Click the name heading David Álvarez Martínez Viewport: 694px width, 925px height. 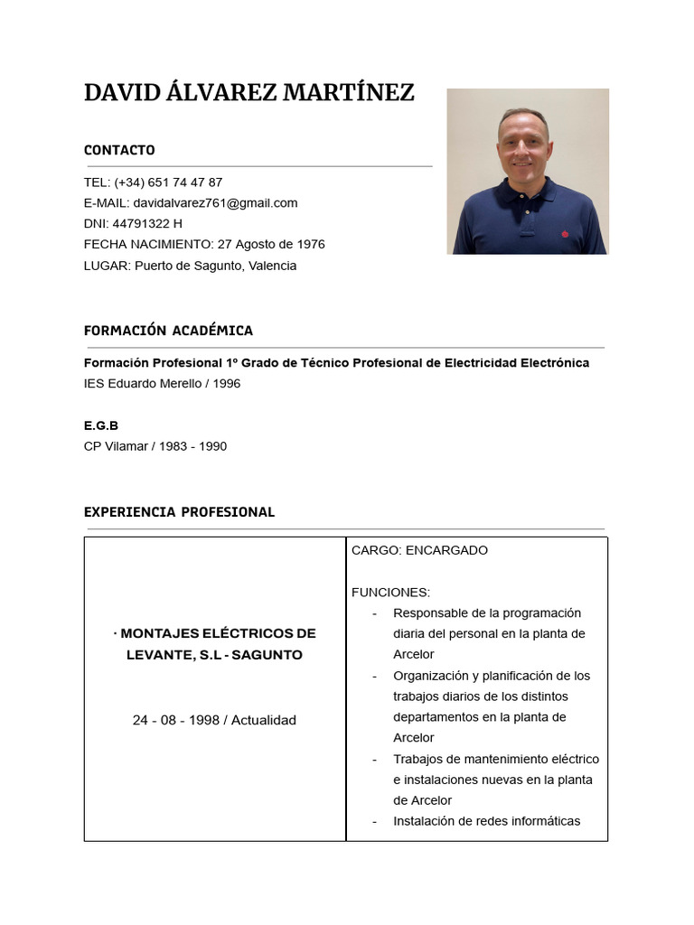pyautogui.click(x=249, y=92)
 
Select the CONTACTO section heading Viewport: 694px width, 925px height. pyautogui.click(x=119, y=150)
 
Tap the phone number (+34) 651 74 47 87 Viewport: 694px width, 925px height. pyautogui.click(x=168, y=182)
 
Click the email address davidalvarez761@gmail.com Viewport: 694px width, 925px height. pyautogui.click(x=214, y=203)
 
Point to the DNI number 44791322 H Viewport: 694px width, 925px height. pyautogui.click(x=147, y=224)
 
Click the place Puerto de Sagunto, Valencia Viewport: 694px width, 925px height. pyautogui.click(x=215, y=266)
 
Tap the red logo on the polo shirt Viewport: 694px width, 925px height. pyautogui.click(x=565, y=234)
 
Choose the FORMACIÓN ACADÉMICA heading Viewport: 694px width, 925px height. pyautogui.click(x=168, y=331)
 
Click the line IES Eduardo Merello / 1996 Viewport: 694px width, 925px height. pyautogui.click(x=162, y=384)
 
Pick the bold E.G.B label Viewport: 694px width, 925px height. pyautogui.click(x=101, y=425)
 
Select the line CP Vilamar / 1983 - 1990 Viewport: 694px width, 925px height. pyautogui.click(x=155, y=446)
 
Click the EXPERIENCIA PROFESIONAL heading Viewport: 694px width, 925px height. pyautogui.click(x=179, y=512)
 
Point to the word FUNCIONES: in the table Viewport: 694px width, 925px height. pyautogui.click(x=390, y=593)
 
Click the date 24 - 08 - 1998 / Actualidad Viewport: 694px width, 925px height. pyautogui.click(x=214, y=720)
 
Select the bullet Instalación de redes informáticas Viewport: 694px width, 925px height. pyautogui.click(x=486, y=821)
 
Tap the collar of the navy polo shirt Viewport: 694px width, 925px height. pyautogui.click(x=524, y=192)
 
